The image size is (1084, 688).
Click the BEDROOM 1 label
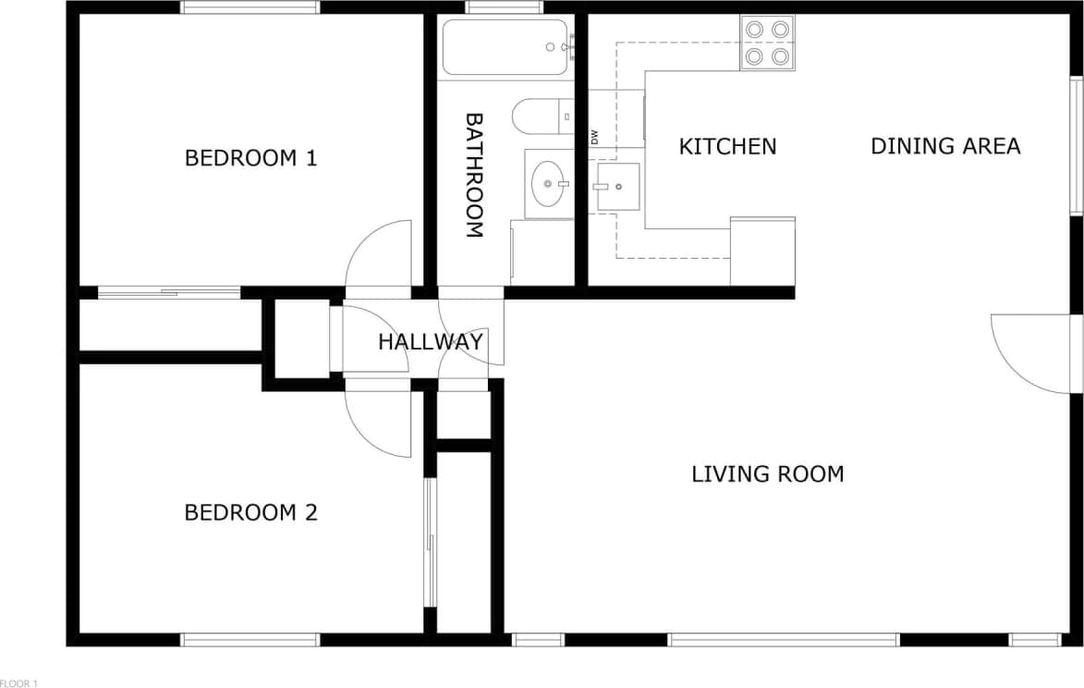(x=250, y=158)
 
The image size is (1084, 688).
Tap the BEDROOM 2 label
(x=250, y=512)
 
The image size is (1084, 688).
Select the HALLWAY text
(x=430, y=342)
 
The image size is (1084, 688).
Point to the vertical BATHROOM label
(x=473, y=176)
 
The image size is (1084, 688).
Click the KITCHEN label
(x=727, y=146)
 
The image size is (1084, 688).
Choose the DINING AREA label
(x=945, y=146)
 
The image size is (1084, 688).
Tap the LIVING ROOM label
(x=767, y=474)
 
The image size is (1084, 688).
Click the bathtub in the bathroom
(x=504, y=47)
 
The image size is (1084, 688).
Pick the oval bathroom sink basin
(x=549, y=183)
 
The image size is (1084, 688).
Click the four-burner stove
(x=768, y=43)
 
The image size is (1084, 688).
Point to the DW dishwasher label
(x=594, y=137)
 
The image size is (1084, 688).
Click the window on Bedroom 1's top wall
(x=250, y=7)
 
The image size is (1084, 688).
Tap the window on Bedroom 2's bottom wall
(x=250, y=639)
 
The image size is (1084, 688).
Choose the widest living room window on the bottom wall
(x=783, y=639)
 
